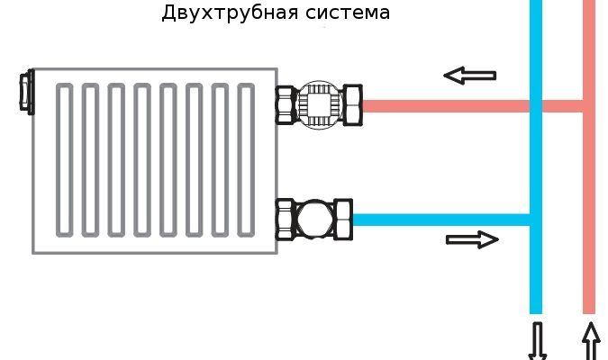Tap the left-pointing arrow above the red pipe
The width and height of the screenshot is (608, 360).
(469, 76)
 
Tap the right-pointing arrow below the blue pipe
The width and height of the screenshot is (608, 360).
(472, 239)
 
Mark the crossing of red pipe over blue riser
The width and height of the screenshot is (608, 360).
(536, 106)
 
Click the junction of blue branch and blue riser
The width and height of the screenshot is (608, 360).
(536, 219)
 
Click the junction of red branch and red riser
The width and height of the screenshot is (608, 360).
(589, 106)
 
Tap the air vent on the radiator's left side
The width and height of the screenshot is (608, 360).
(26, 92)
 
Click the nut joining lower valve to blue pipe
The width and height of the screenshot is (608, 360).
(342, 218)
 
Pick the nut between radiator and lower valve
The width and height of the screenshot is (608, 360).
(287, 217)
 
